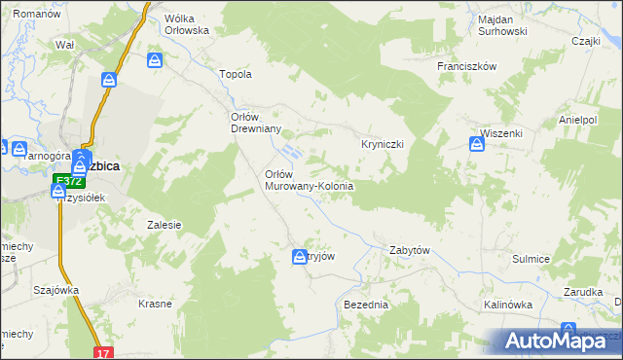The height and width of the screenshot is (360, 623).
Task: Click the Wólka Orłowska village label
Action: pos(187,23)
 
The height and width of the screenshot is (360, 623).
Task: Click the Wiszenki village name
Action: pos(502,133)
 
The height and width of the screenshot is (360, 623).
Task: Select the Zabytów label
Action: pos(410,250)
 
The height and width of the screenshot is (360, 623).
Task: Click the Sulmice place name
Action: pos(531,259)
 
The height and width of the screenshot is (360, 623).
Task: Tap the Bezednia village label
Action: pos(366,305)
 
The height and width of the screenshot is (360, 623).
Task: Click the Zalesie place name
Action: pos(165,225)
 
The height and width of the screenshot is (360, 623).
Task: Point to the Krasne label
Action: pos(155,304)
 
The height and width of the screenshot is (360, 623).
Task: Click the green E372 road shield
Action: pos(66,181)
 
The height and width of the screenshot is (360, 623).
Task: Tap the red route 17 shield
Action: pos(104,352)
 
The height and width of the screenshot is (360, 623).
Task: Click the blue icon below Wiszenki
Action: pos(477,145)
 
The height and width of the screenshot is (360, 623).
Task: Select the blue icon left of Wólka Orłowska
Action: pos(155,61)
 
